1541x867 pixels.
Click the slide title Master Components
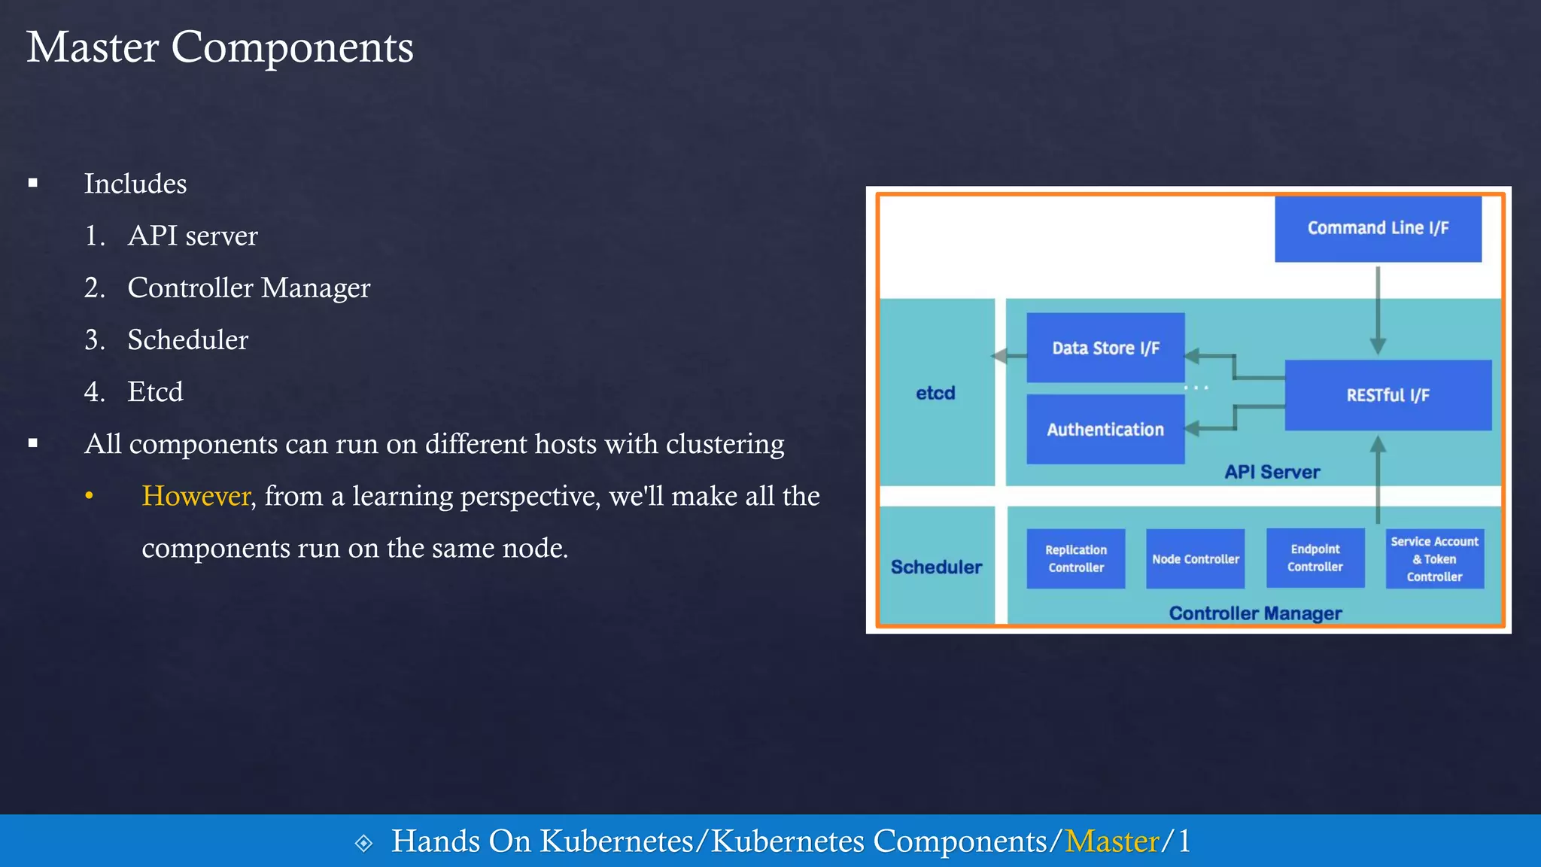(220, 47)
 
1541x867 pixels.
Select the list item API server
(192, 236)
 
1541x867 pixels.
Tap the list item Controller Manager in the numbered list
(248, 288)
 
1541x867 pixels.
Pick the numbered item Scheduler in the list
(187, 340)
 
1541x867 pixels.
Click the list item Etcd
(155, 392)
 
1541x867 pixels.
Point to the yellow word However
(196, 496)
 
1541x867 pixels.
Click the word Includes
(135, 184)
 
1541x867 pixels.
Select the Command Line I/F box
(1378, 229)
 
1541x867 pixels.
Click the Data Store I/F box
(1105, 348)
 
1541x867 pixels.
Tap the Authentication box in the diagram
(1105, 430)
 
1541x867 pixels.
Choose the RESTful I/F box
(1388, 395)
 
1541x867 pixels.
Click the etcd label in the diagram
(935, 393)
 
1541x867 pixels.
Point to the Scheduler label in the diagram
(936, 567)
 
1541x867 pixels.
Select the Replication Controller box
(1076, 558)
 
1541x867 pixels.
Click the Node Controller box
(1195, 559)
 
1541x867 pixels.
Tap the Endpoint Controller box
(1315, 558)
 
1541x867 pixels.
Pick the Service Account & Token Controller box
(1434, 559)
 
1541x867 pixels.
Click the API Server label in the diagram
(1272, 472)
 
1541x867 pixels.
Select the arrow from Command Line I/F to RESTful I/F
(1378, 309)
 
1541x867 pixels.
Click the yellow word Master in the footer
(1111, 841)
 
